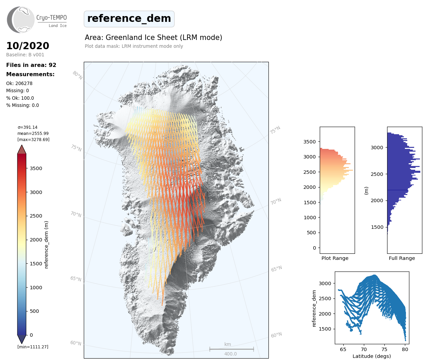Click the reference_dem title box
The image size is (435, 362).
tap(129, 19)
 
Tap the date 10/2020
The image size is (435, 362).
tap(28, 46)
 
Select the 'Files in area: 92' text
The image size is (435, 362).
tap(31, 65)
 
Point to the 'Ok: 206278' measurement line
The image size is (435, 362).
tap(19, 83)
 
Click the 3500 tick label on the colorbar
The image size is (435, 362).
tap(36, 168)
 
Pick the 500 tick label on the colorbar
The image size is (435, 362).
tap(34, 311)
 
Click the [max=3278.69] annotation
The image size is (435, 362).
tap(33, 140)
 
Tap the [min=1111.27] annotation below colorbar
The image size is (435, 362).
tap(33, 347)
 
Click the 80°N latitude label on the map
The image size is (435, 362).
tap(77, 75)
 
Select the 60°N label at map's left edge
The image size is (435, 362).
tap(76, 343)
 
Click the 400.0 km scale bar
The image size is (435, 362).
tap(232, 349)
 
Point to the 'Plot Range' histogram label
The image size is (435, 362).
tap(335, 258)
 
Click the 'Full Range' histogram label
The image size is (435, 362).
tap(402, 258)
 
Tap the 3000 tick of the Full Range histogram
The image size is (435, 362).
tap(377, 148)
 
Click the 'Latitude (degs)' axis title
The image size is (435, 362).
tap(372, 356)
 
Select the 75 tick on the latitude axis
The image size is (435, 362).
tap(384, 349)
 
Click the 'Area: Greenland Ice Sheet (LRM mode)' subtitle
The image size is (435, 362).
tap(154, 38)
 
